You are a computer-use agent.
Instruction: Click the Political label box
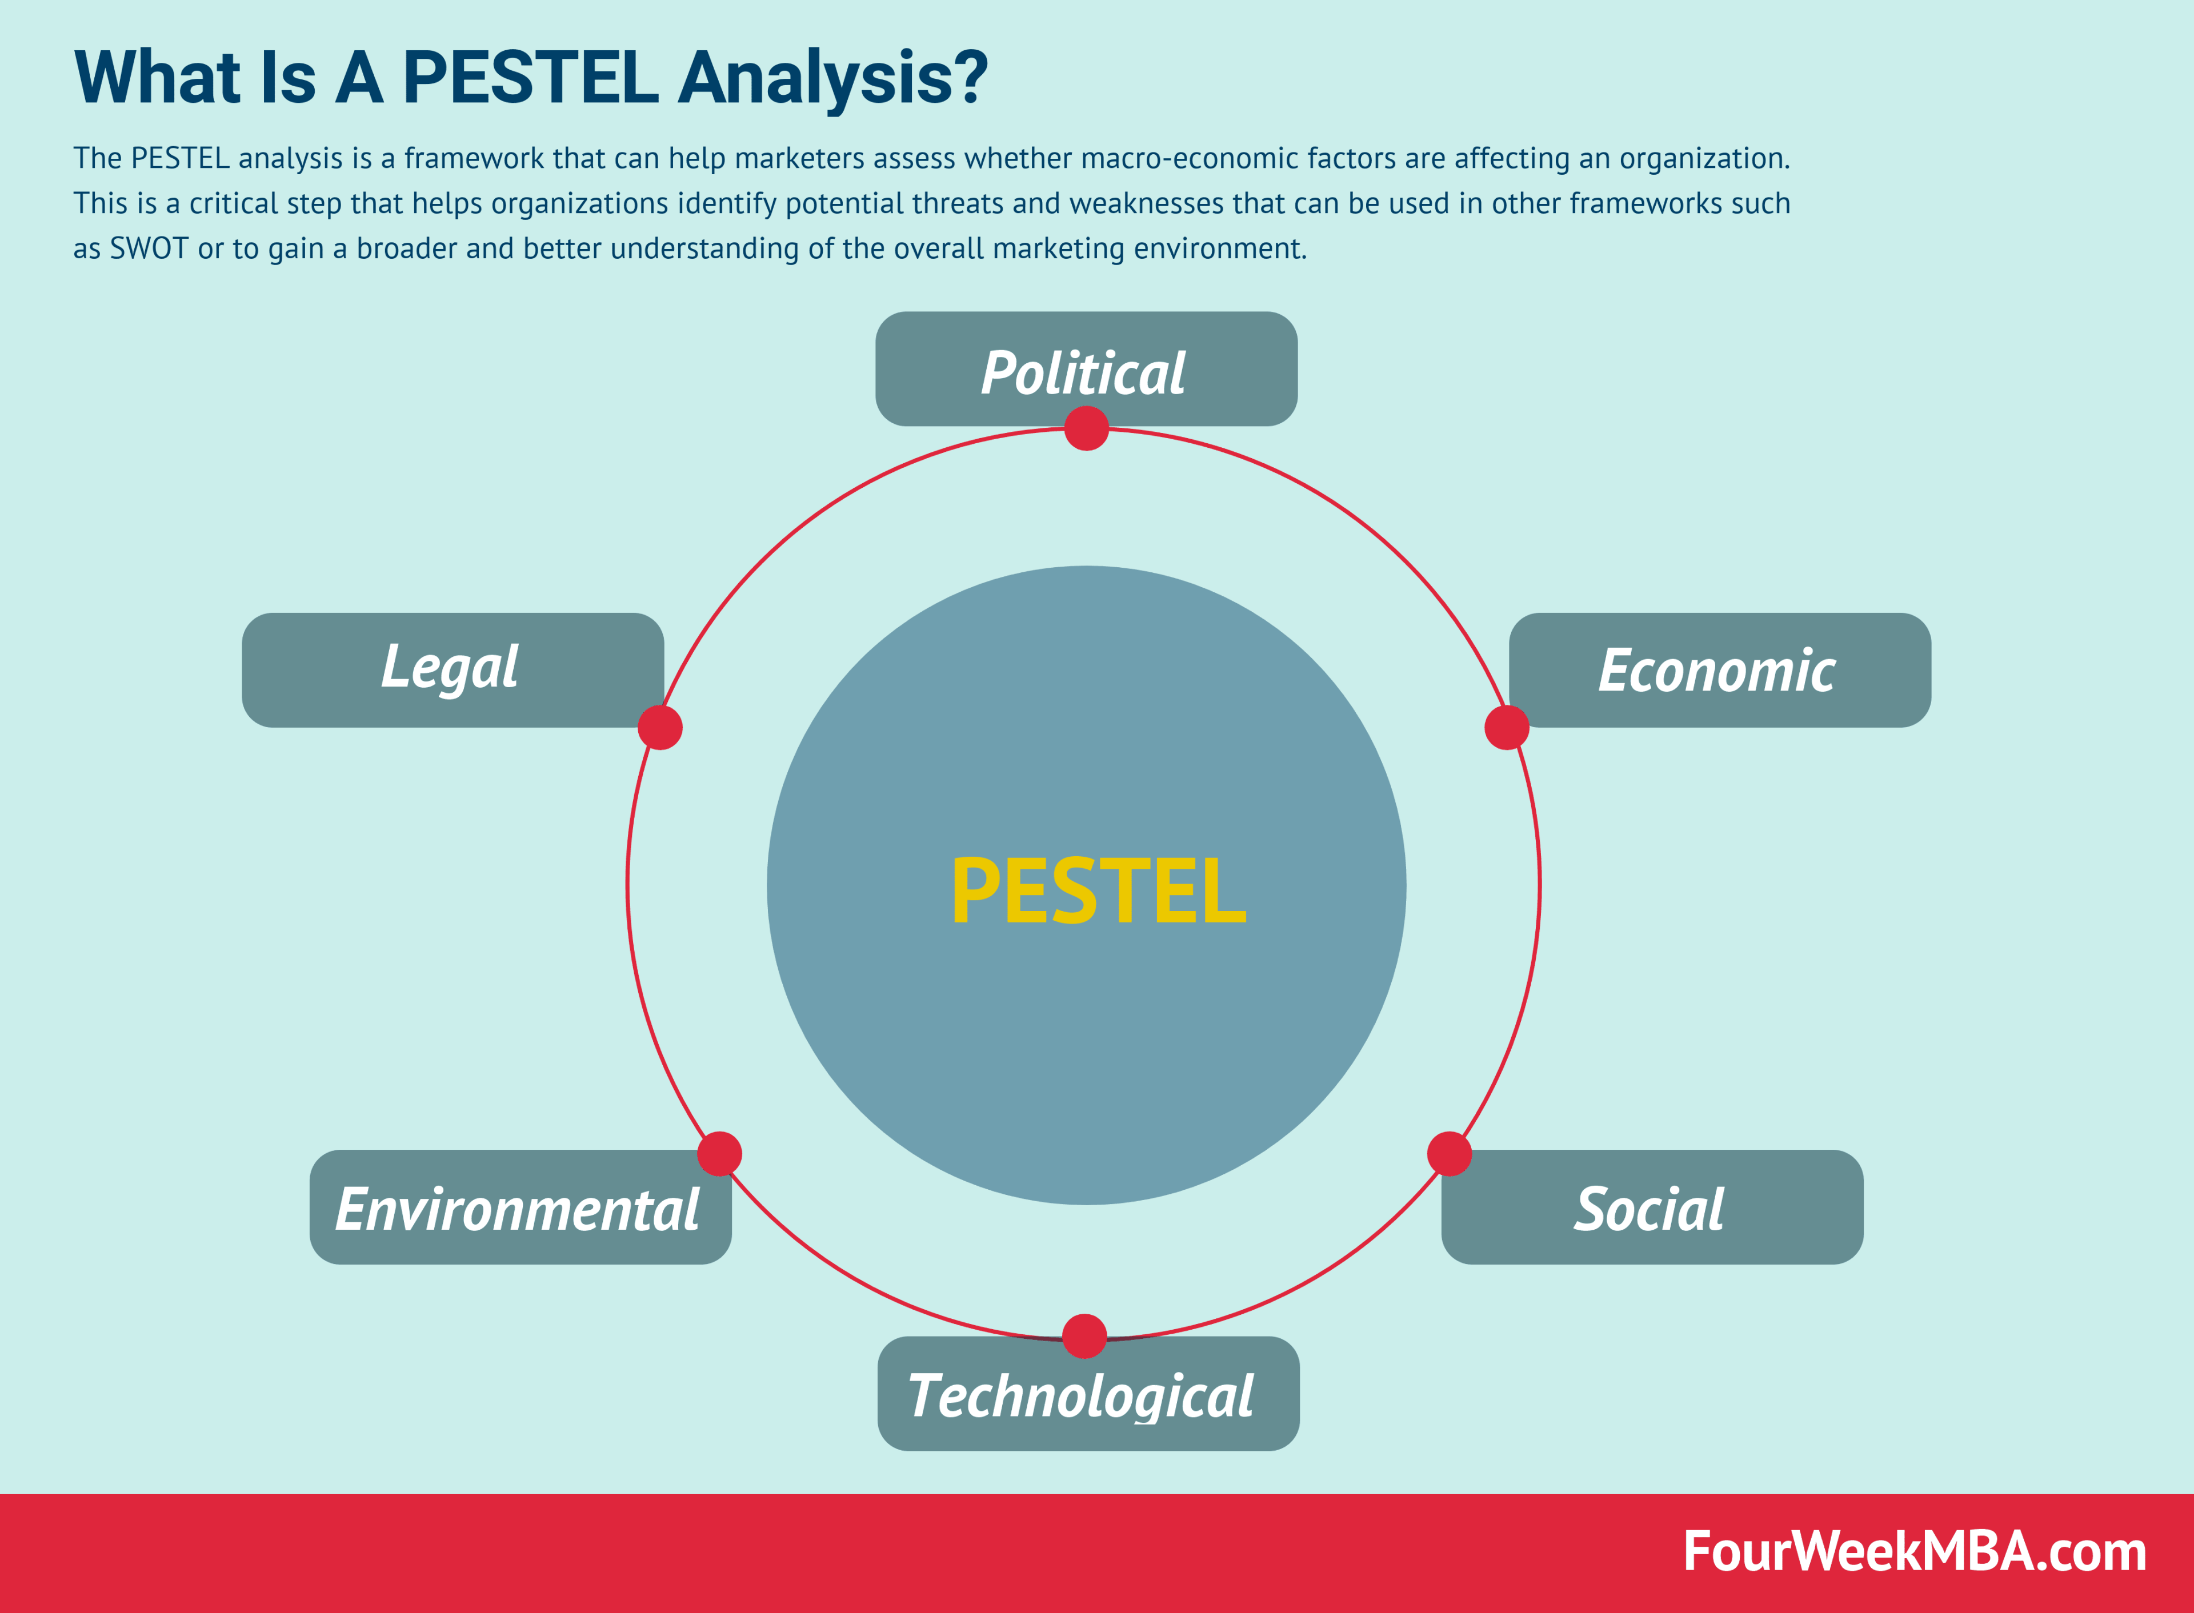pos(1086,369)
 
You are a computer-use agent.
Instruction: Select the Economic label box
pos(1719,670)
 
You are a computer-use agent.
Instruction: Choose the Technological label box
pos(1088,1393)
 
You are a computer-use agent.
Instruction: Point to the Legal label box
pos(452,670)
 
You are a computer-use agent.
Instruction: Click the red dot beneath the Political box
pos(1086,428)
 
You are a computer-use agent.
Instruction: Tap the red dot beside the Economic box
pos(1506,728)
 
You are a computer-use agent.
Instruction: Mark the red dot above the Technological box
pos(1084,1336)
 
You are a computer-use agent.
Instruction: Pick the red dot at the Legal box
pos(660,728)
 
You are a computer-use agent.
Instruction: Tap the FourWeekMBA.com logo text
pos(1914,1551)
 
